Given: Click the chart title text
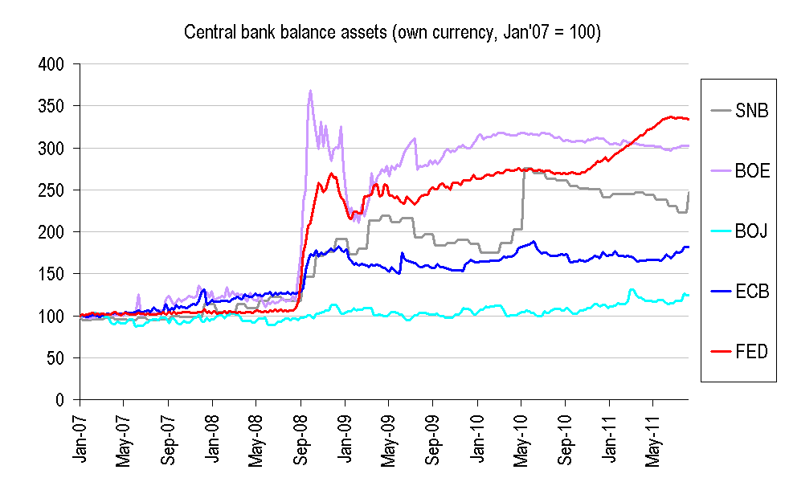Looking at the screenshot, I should point(393,32).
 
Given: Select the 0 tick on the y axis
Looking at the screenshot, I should point(64,399).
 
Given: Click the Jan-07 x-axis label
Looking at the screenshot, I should point(80,438).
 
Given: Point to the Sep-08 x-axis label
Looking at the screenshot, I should point(301,438).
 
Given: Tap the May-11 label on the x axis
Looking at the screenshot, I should point(653,438).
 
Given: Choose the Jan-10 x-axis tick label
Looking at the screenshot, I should point(477,438).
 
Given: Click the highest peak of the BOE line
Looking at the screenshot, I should point(310,91).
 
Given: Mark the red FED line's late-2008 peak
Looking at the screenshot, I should point(331,174).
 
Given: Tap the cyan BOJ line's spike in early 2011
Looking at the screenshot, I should point(632,289).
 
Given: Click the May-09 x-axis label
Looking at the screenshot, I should point(389,438).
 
